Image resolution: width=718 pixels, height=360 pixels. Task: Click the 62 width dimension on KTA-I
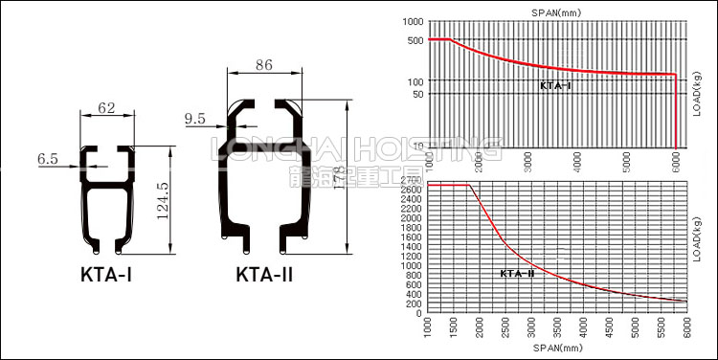(x=105, y=109)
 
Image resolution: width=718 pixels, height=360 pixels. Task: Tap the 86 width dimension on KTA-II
(x=264, y=66)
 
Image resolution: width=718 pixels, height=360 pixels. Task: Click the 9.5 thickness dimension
(x=194, y=120)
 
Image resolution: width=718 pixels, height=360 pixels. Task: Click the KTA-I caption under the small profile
(x=105, y=277)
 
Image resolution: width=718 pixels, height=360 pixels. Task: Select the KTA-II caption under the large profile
(x=264, y=277)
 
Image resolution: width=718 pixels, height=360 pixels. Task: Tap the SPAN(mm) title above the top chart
(x=557, y=11)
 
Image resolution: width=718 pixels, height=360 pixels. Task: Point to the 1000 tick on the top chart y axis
(x=413, y=21)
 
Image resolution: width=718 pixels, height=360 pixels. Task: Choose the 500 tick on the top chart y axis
(x=415, y=40)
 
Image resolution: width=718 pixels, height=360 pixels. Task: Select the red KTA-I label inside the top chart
(x=556, y=85)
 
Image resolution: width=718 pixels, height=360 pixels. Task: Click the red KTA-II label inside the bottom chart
(x=517, y=274)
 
